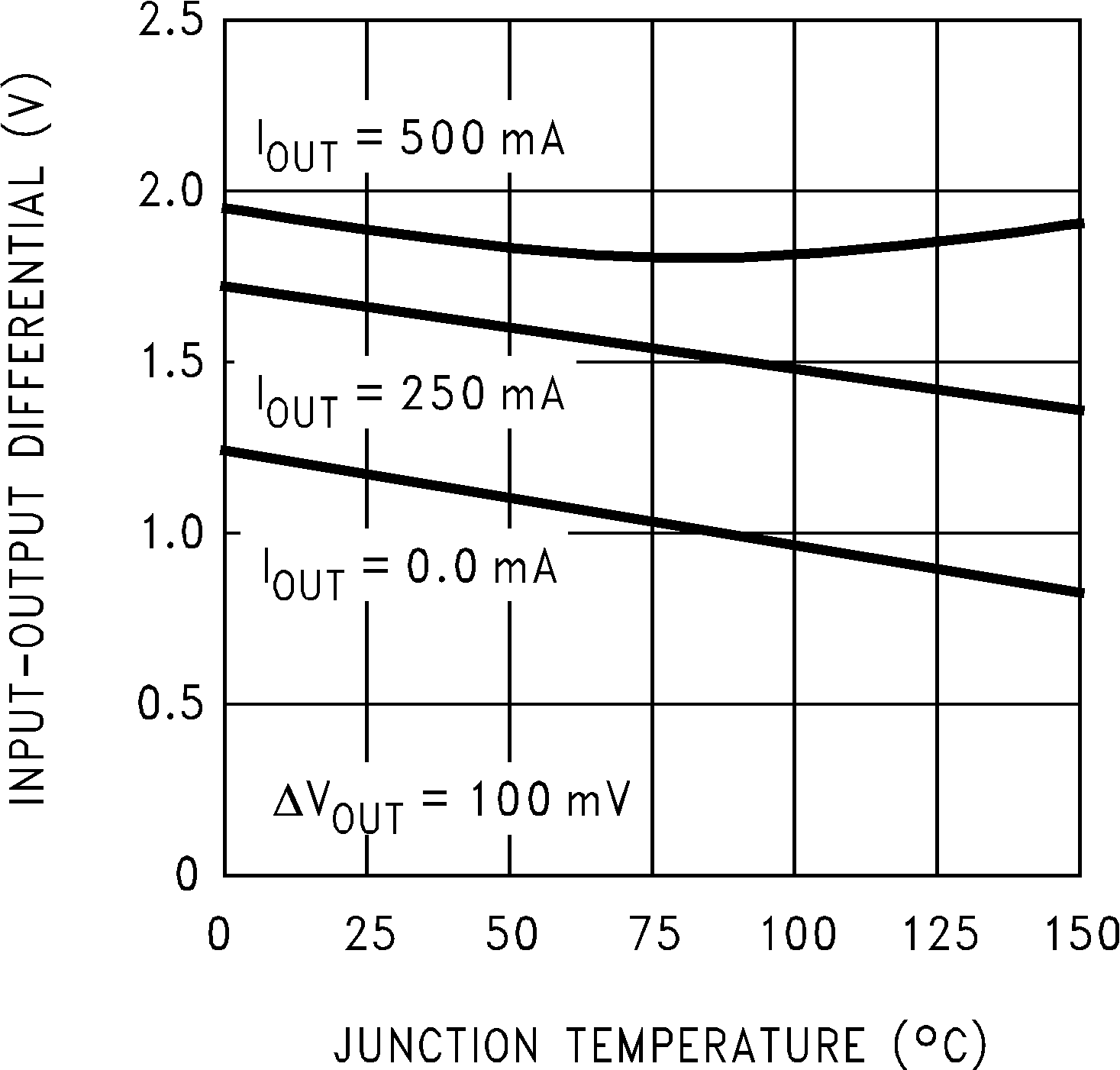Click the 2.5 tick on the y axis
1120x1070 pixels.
coord(172,20)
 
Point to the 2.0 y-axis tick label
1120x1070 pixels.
coord(172,190)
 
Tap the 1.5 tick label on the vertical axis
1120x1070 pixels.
coord(172,361)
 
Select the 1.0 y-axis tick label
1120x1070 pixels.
coord(172,532)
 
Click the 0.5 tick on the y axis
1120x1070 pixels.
coord(172,703)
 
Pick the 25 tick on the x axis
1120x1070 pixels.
coord(370,935)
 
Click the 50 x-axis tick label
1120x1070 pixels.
coord(511,935)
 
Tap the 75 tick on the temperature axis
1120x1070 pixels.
coord(654,935)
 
